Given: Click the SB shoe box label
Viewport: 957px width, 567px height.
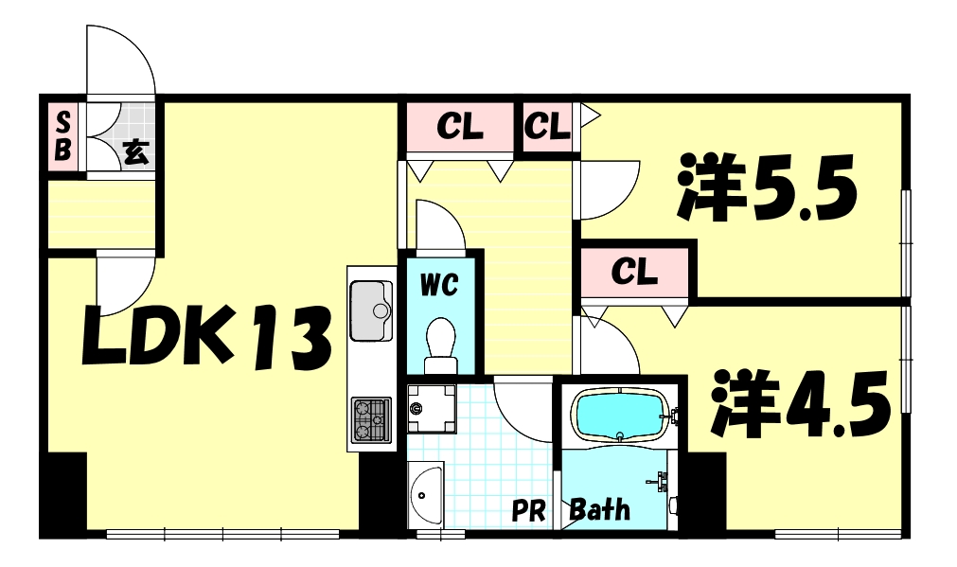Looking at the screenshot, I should tap(63, 135).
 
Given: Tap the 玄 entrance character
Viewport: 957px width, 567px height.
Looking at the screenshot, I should tap(136, 151).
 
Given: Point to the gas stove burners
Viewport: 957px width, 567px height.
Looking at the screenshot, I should tap(370, 418).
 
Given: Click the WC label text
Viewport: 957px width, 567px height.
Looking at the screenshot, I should tap(440, 283).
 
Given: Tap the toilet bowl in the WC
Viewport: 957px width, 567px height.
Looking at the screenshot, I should tap(440, 341).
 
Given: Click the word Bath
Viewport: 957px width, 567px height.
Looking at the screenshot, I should tap(600, 510).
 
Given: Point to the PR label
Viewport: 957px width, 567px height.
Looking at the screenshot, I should tap(529, 512).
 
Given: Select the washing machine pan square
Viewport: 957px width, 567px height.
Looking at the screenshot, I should tap(431, 407).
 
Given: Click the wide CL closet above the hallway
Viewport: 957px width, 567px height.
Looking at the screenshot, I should tap(460, 127).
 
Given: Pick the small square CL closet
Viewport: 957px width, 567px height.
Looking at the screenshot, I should tap(547, 127).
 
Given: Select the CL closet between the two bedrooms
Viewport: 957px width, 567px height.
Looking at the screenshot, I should tap(634, 272).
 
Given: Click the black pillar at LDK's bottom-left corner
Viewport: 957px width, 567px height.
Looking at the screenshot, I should tap(63, 493).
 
